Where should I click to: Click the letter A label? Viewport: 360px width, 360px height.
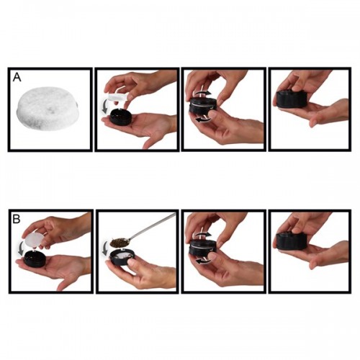(x=17, y=77)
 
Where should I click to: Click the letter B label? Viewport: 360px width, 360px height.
(x=17, y=219)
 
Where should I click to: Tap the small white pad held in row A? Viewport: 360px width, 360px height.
(x=117, y=97)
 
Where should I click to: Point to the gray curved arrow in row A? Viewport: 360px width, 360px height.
(x=104, y=107)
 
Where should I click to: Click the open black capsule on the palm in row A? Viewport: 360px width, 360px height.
(x=121, y=116)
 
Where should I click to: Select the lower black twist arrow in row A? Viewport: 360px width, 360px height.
(x=204, y=120)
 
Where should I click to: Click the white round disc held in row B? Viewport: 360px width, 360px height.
(x=33, y=240)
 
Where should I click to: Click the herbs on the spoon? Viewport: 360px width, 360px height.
(x=118, y=242)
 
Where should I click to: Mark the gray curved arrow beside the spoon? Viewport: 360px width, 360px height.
(x=105, y=248)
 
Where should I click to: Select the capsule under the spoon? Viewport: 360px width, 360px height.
(x=122, y=257)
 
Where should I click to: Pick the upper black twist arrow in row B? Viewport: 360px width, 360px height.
(x=204, y=234)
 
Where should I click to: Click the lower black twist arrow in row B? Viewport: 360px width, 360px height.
(x=204, y=261)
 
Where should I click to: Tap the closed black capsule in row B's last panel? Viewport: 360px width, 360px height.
(x=289, y=240)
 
